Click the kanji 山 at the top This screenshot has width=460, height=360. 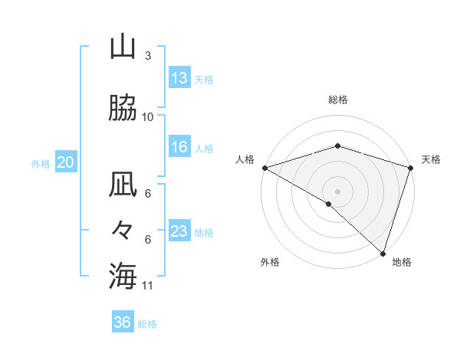pyautogui.click(x=123, y=47)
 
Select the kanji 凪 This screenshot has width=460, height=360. pyautogui.click(x=123, y=185)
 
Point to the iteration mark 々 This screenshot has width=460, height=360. pyautogui.click(x=123, y=230)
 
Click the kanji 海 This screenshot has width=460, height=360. pyautogui.click(x=123, y=275)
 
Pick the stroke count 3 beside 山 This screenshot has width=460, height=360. pyautogui.click(x=147, y=56)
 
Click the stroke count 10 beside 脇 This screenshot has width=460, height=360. pyautogui.click(x=148, y=116)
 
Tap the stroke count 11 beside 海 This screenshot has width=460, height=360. pyautogui.click(x=148, y=286)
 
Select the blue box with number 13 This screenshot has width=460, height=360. pyautogui.click(x=179, y=78)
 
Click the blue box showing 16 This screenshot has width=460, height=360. pyautogui.click(x=179, y=147)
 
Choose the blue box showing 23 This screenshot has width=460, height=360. pyautogui.click(x=179, y=231)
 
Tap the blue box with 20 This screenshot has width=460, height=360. pyautogui.click(x=66, y=162)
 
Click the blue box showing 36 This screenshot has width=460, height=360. pyautogui.click(x=122, y=322)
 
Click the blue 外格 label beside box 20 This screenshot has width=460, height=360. pyautogui.click(x=40, y=163)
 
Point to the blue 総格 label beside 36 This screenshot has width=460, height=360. pyautogui.click(x=147, y=324)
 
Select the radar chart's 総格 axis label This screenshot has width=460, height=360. pyautogui.click(x=337, y=100)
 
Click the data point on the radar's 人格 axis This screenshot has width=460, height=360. pyautogui.click(x=264, y=168)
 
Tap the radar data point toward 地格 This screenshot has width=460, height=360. pyautogui.click(x=383, y=253)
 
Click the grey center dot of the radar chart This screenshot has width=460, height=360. pyautogui.click(x=337, y=191)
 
